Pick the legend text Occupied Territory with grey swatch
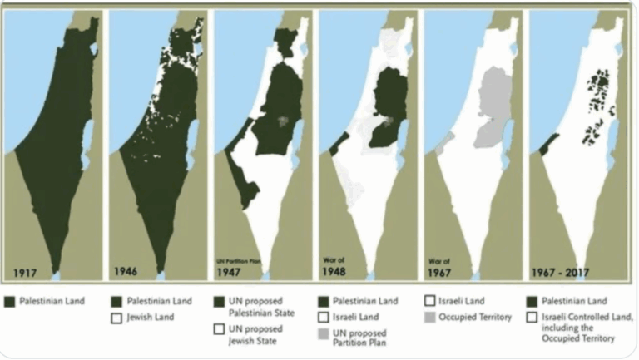pyautogui.click(x=477, y=317)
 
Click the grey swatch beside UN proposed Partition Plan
pyautogui.click(x=324, y=334)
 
